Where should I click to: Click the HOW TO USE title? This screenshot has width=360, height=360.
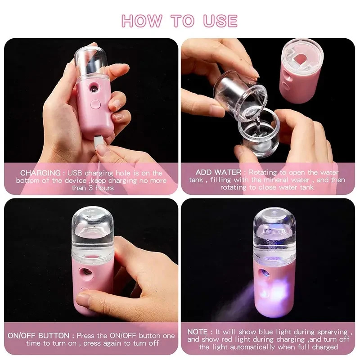[180, 21]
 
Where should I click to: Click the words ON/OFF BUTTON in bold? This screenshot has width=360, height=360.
[38, 335]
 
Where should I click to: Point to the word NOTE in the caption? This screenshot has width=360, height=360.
[198, 332]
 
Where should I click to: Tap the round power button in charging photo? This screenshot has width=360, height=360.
[95, 104]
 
